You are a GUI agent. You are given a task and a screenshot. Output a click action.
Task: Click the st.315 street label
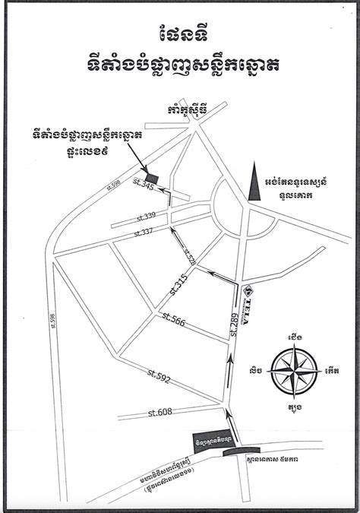178,284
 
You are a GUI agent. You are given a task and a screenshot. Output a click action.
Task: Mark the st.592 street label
159,373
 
